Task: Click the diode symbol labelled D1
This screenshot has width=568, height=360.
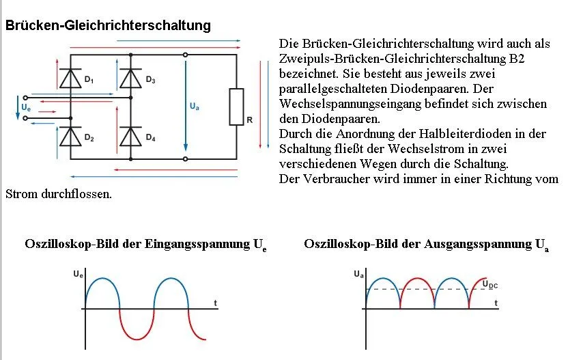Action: [70, 79]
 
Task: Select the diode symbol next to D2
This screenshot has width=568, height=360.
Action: [70, 137]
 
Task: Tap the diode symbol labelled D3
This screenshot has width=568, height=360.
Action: [130, 79]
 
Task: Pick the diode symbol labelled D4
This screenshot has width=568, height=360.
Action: [130, 137]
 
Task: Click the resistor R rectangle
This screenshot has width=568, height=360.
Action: [237, 107]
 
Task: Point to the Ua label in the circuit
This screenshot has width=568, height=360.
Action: [195, 107]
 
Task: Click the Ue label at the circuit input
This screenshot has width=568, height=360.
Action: [25, 108]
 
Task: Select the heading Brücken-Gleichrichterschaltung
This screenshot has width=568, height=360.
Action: [108, 25]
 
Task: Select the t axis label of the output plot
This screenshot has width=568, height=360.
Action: [496, 301]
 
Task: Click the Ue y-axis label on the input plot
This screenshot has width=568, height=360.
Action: [78, 275]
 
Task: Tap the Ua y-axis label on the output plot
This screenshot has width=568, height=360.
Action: [358, 275]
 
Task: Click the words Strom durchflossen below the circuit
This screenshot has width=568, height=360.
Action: [58, 194]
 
